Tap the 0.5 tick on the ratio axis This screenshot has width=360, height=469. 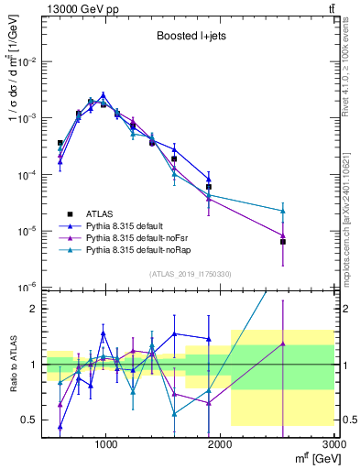(x=32, y=420)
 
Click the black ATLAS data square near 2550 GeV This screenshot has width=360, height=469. (x=283, y=242)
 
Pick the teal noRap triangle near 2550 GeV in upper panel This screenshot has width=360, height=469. (x=283, y=211)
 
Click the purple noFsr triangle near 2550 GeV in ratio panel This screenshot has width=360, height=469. (x=283, y=344)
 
